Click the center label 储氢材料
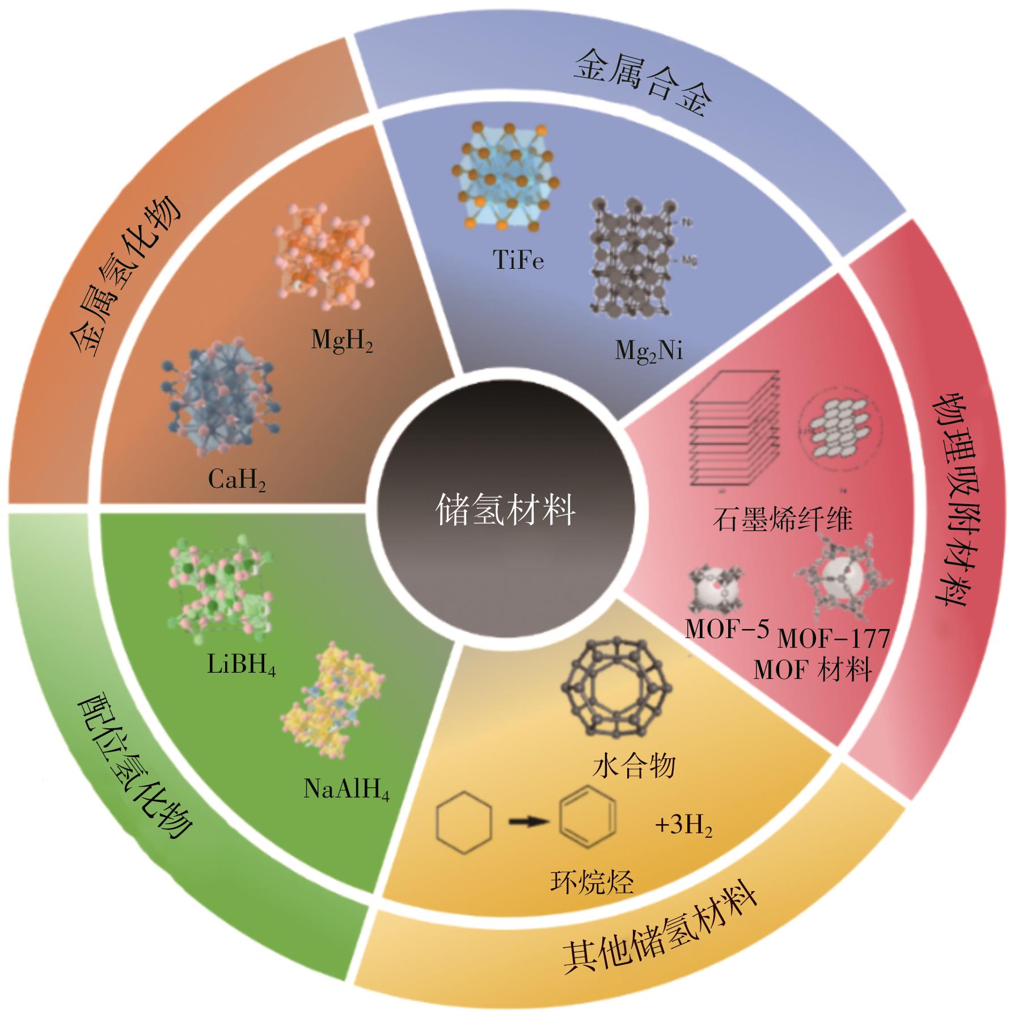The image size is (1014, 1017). (505, 509)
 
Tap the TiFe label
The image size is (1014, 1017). (518, 260)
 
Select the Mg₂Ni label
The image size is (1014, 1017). (649, 352)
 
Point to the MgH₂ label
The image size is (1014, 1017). (342, 342)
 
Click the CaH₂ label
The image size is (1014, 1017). (237, 482)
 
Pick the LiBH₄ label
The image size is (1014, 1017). (241, 665)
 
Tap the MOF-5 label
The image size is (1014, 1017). (726, 629)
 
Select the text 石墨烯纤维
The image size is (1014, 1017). (782, 520)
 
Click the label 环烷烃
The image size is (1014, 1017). (592, 882)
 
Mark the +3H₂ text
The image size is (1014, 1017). (683, 827)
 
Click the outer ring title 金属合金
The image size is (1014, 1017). (643, 83)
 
